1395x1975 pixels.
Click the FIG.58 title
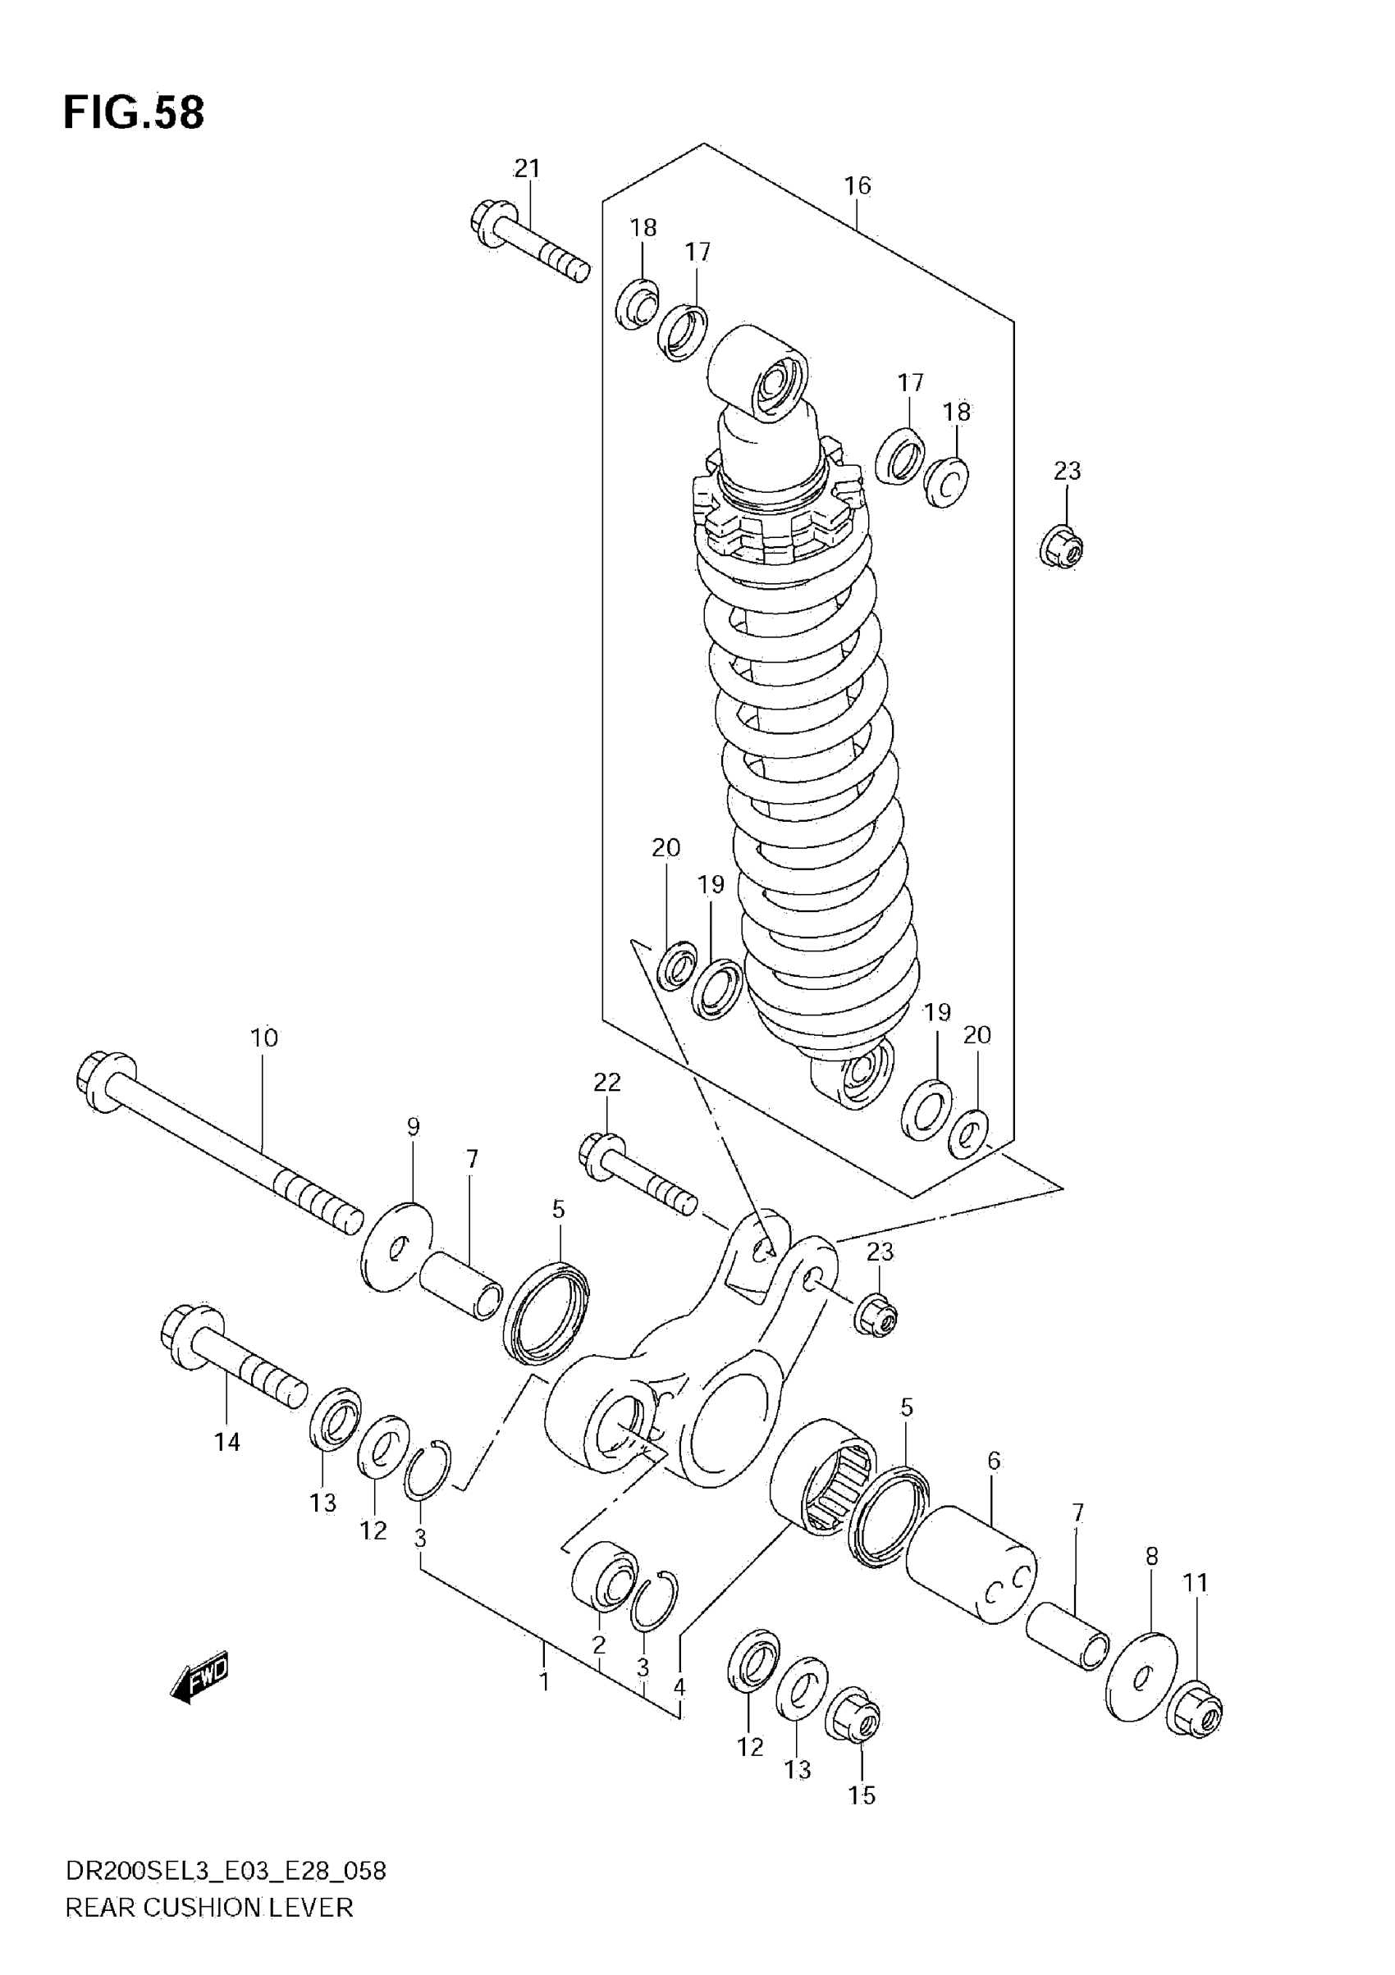click(x=134, y=112)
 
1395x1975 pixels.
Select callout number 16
click(x=858, y=186)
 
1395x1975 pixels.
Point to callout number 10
click(x=264, y=1038)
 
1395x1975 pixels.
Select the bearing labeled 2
click(x=604, y=1576)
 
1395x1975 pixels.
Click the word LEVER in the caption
click(x=320, y=1932)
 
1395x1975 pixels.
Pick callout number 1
click(x=544, y=1681)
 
